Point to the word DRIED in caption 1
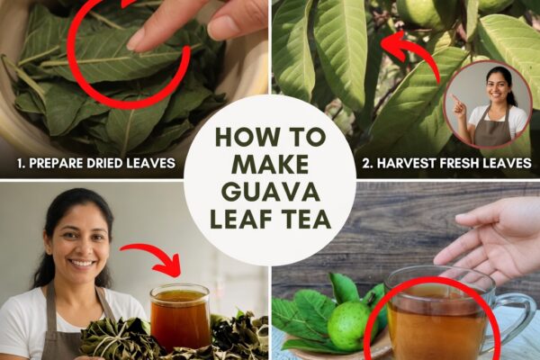[104, 163]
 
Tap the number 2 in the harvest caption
[367, 163]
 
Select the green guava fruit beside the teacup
[347, 325]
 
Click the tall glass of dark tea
[180, 318]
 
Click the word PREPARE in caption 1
[56, 163]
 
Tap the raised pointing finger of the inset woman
[455, 98]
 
